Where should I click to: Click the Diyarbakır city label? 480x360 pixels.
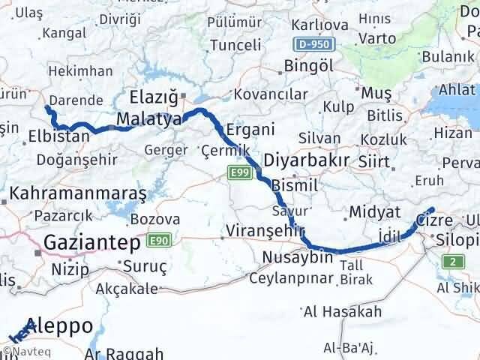[x=306, y=160]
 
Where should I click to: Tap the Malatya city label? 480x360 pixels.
[x=148, y=120]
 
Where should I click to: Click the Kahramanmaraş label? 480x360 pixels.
[x=77, y=193]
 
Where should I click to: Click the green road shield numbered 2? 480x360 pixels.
[x=453, y=262]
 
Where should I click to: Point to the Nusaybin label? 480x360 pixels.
[x=297, y=257]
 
